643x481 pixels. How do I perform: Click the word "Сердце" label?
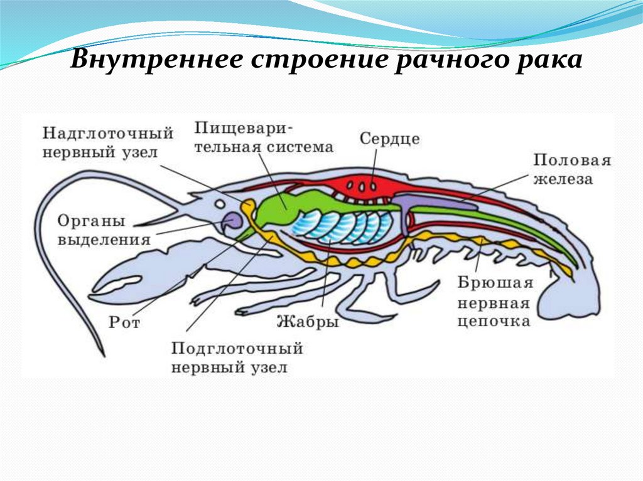389,139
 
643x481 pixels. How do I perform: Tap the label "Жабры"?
308,322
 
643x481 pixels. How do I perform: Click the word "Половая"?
571,160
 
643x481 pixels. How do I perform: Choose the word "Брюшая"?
495,283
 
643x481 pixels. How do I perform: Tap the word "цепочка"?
494,322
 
